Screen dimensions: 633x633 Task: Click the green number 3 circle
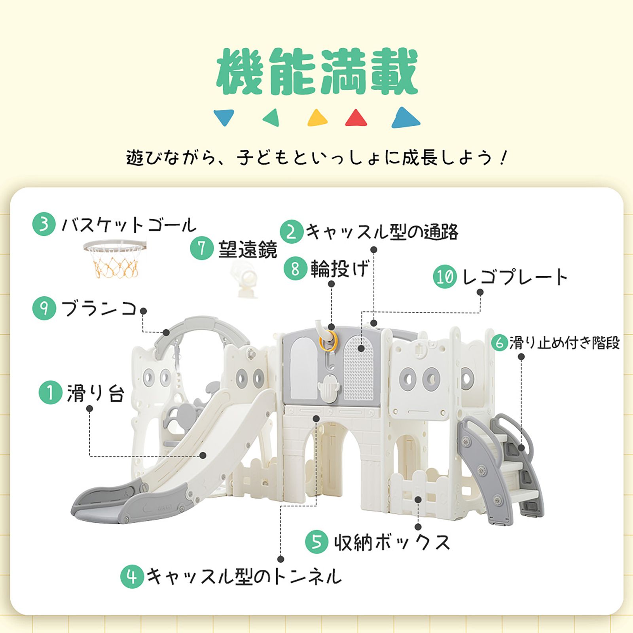coord(44,224)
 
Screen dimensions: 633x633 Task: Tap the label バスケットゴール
coord(129,225)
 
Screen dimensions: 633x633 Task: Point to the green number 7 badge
coord(202,248)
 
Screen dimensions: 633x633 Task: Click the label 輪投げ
coord(339,269)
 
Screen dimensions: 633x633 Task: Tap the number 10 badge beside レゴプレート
coord(445,277)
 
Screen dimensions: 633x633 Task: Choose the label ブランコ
coord(99,309)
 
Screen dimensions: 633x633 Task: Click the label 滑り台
coord(95,393)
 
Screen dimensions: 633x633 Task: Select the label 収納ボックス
coord(392,542)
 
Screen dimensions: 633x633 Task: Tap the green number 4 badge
coord(132,576)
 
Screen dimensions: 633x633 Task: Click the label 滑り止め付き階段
coord(564,343)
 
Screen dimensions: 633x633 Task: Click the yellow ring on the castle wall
coord(328,341)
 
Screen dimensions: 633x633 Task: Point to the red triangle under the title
coord(356,118)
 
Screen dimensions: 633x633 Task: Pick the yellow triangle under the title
coord(317,118)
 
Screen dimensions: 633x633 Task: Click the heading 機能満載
coord(317,72)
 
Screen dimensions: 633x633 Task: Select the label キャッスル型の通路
coord(382,232)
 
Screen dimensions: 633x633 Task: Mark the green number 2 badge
coord(292,232)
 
